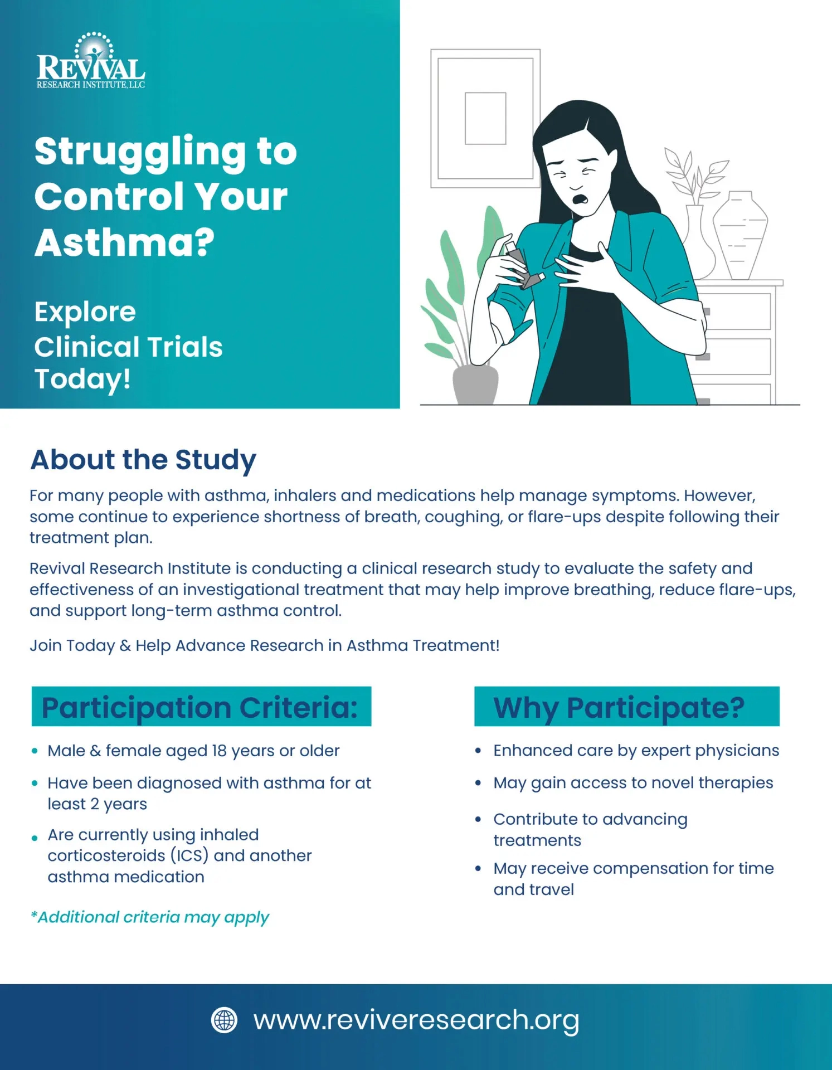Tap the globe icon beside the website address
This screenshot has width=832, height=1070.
[225, 1020]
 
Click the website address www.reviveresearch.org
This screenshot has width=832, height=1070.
[416, 1020]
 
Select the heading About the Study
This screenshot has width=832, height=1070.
[143, 460]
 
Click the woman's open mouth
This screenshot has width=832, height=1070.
[581, 198]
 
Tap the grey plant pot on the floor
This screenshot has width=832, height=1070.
[475, 384]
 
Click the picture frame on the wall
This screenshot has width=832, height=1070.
[485, 119]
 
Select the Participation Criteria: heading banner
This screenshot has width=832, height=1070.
[201, 707]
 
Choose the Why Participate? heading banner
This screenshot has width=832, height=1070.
[626, 707]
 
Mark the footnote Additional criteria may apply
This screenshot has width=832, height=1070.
[150, 917]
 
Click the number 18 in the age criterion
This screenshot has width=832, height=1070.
[219, 751]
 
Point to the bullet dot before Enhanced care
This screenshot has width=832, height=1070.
[478, 751]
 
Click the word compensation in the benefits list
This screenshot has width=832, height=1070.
[649, 868]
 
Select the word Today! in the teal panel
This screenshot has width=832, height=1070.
[82, 379]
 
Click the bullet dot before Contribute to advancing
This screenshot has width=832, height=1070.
[478, 820]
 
